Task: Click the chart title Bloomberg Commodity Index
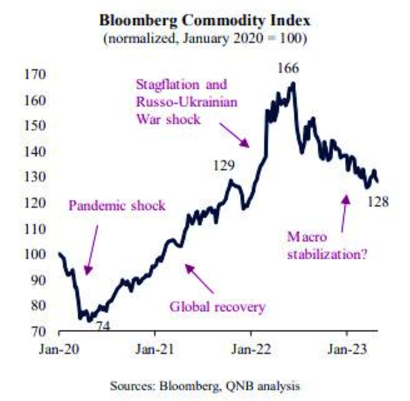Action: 205,21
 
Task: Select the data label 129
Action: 224,166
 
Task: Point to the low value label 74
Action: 103,327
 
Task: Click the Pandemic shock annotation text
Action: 117,205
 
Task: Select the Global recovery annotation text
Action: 218,307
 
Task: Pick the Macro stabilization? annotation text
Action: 327,246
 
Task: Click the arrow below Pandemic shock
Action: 92,249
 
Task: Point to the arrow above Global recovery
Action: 200,279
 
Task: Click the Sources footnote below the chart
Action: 205,385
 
